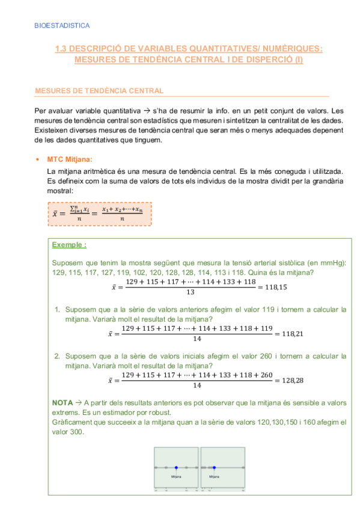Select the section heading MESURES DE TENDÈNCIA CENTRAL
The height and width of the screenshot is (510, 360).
tap(99, 91)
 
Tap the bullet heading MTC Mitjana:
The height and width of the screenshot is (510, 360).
tap(70, 159)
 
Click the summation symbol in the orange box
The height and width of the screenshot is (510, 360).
tap(73, 210)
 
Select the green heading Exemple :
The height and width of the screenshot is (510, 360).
tap(69, 245)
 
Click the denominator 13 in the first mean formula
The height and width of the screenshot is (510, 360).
tap(191, 292)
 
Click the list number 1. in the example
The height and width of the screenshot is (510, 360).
tap(57, 310)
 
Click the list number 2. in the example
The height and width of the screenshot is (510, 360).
tap(57, 356)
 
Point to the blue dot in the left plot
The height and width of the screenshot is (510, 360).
tap(176, 467)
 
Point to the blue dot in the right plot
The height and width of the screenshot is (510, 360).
tap(214, 467)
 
